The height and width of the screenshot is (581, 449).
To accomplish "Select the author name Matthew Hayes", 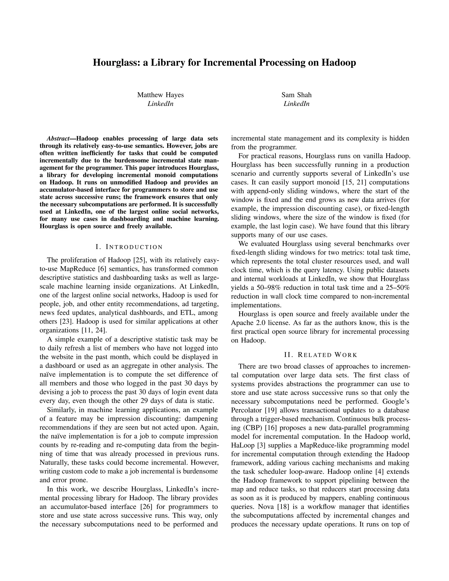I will tap(160, 95).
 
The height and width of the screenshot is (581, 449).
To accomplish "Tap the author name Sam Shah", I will tap(296, 95).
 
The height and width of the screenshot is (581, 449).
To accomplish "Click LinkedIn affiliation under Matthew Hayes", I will tap(160, 104).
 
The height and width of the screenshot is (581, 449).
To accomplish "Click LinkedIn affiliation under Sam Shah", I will tap(296, 104).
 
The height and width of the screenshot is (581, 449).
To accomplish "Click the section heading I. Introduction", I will tap(129, 247).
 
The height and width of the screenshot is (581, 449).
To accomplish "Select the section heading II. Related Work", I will tap(321, 355).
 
